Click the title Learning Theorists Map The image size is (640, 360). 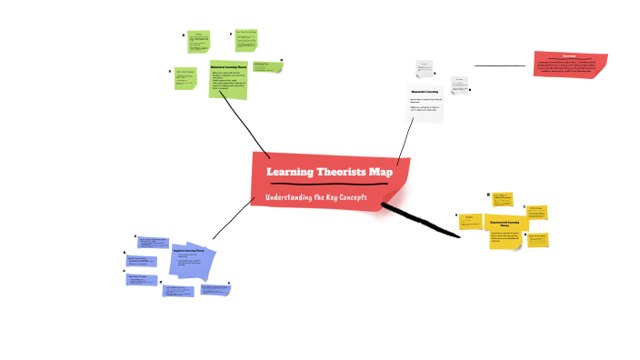tap(328, 172)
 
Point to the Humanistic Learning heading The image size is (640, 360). tap(424, 91)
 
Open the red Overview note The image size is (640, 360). tap(569, 64)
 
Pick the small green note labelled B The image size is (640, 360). tap(198, 41)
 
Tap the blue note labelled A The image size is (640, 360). tap(153, 244)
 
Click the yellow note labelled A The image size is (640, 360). tap(470, 221)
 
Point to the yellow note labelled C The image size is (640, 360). tap(535, 212)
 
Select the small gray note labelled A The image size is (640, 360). tap(424, 68)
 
